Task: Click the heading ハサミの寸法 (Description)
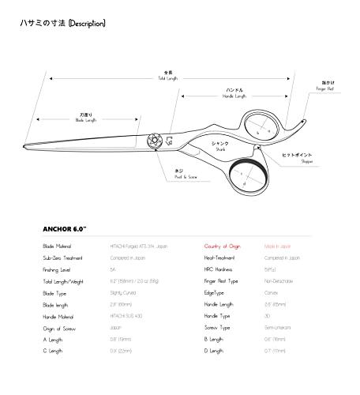[62, 24]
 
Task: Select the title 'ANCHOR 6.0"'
[65, 231]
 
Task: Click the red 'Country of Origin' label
[222, 246]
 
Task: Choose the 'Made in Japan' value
[278, 246]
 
